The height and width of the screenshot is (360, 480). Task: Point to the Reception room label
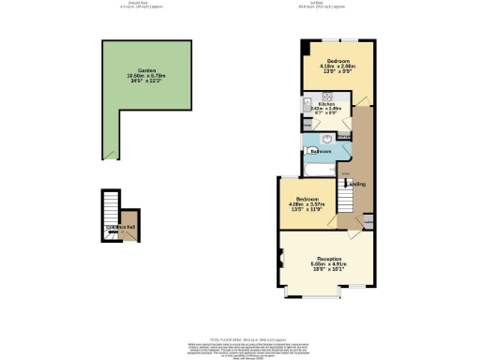(328, 258)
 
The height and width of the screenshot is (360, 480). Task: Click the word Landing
(356, 184)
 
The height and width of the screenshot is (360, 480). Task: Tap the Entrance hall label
(120, 229)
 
